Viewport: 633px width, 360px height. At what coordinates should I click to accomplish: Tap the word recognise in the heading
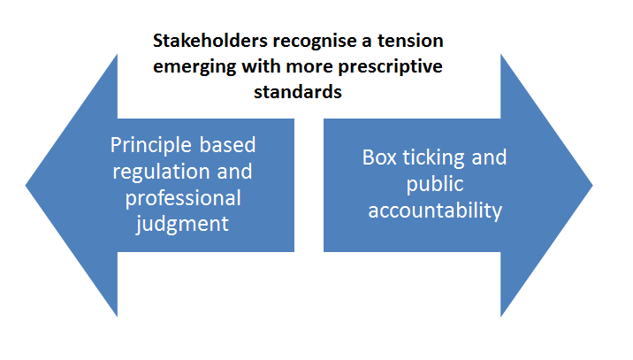[298, 42]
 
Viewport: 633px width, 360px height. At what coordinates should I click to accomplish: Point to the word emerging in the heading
[196, 67]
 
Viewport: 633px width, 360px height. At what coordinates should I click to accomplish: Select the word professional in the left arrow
[182, 196]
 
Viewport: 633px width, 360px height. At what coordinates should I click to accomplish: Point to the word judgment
[182, 223]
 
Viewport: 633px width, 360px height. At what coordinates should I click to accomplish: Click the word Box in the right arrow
[379, 158]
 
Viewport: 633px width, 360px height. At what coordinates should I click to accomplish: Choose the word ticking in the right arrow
[436, 159]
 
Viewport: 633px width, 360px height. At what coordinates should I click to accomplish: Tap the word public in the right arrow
[435, 185]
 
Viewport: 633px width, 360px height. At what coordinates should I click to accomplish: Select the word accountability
[435, 211]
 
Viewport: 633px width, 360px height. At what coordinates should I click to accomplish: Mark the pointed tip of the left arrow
[27, 186]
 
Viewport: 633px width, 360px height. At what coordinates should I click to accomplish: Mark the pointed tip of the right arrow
[591, 186]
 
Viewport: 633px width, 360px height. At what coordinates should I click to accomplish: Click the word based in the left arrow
[237, 145]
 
